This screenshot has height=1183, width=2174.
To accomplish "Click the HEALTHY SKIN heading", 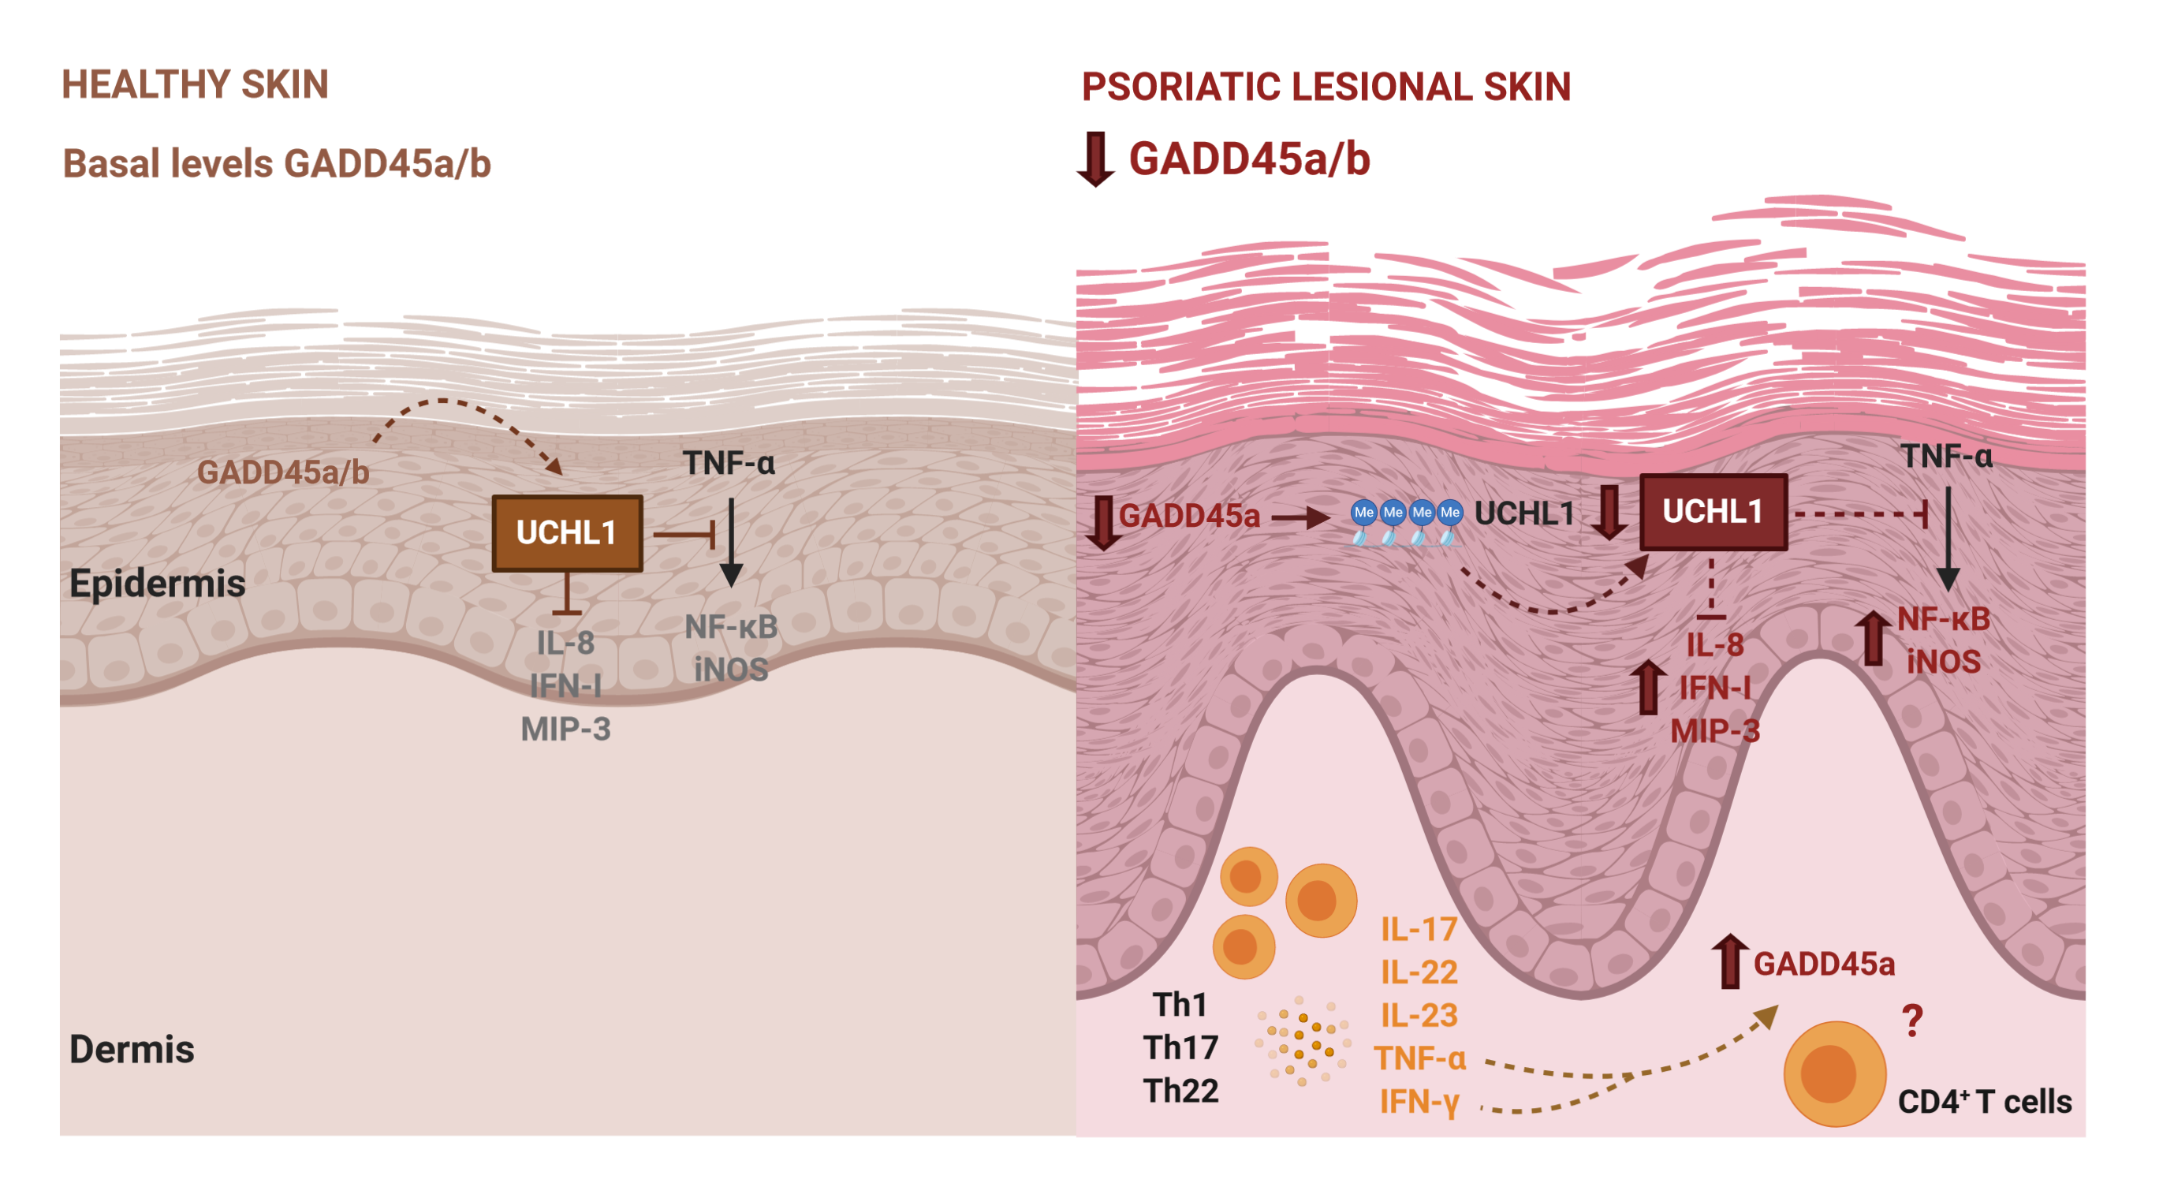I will [x=195, y=84].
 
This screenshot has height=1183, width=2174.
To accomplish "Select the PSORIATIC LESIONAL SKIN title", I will [x=1326, y=87].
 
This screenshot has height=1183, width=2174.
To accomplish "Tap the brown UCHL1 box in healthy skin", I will [x=566, y=532].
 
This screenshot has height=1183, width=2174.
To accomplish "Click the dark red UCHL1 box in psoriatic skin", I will [x=1713, y=511].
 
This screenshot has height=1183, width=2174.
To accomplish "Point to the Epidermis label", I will [x=157, y=584].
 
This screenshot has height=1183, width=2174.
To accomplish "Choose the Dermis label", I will [x=132, y=1049].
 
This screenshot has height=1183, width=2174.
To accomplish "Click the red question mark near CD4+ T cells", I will [x=1912, y=1021].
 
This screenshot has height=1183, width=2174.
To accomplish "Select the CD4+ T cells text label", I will [x=1984, y=1101].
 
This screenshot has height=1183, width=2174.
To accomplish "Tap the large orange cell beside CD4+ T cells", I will [x=1833, y=1073].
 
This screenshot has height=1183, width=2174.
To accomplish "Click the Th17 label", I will [x=1180, y=1047].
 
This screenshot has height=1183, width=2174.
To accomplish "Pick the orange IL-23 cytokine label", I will [x=1419, y=1015].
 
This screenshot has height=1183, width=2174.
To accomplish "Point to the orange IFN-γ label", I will [x=1419, y=1102].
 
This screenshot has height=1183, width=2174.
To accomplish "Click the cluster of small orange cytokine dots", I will [x=1302, y=1042].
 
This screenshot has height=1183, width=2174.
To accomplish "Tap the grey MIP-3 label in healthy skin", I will [x=565, y=729].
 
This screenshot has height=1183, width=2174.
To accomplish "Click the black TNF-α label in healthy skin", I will [x=729, y=463].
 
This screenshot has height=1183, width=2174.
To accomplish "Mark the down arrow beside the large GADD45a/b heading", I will [x=1095, y=159].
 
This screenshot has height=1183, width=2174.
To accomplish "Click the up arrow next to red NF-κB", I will [x=1873, y=637].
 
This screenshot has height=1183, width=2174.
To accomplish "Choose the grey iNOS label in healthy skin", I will [x=731, y=669].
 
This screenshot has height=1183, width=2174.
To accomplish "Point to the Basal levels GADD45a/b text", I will [x=277, y=164].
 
